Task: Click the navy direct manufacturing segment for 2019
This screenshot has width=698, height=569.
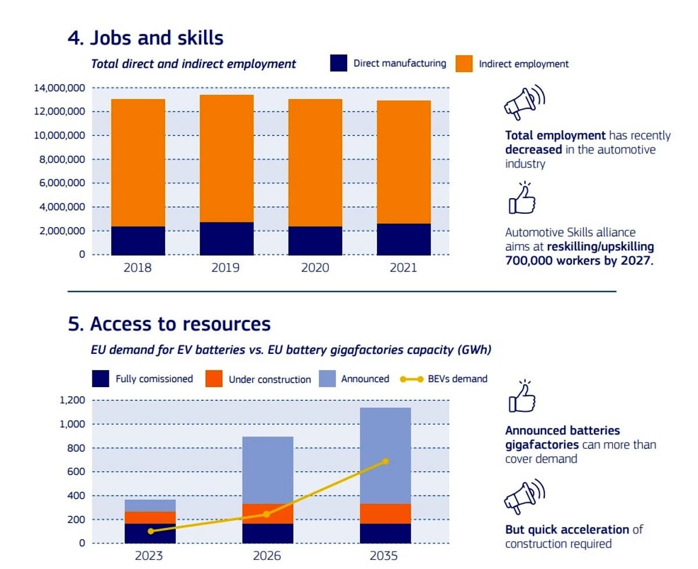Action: click(226, 238)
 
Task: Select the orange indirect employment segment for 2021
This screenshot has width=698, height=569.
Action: click(404, 162)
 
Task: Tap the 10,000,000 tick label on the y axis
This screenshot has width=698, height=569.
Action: click(59, 135)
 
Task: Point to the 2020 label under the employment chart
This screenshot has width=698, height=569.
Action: click(315, 267)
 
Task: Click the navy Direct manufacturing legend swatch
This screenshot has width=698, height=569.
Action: click(339, 63)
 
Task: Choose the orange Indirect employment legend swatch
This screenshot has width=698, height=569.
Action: click(464, 63)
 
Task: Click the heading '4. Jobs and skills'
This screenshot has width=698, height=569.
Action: click(145, 37)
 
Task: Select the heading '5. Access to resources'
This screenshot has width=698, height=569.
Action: click(169, 323)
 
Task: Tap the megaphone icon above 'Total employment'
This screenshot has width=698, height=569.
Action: click(524, 102)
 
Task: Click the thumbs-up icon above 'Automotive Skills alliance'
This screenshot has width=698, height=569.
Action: click(522, 198)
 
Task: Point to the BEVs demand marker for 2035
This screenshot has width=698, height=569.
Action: click(386, 461)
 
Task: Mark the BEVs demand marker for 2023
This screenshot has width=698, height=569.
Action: click(151, 531)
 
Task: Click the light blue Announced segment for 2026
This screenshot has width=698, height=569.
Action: click(268, 470)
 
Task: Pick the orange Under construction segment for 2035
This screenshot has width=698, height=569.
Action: click(385, 513)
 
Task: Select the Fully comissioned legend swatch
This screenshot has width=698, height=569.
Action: click(100, 378)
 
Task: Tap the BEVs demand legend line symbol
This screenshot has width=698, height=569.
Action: click(411, 379)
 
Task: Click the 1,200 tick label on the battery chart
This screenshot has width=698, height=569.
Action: click(72, 400)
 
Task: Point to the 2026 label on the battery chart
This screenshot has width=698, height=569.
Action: click(267, 556)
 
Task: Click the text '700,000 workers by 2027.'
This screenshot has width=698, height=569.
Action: click(579, 260)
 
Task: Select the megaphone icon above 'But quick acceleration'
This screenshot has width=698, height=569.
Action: click(524, 496)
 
